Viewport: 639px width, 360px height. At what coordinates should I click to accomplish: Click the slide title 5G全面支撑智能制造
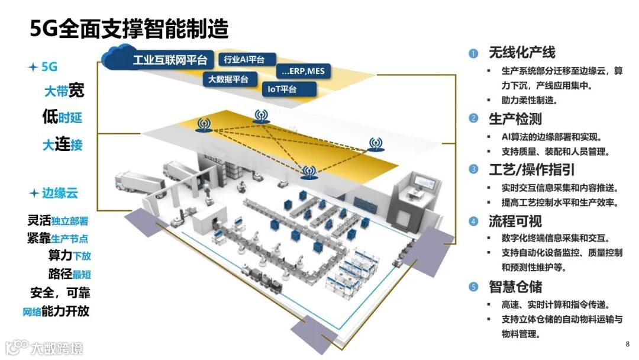(x=130, y=28)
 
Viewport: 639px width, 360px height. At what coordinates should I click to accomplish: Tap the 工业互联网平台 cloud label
(x=170, y=59)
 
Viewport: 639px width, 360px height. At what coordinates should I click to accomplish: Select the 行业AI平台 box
(x=248, y=59)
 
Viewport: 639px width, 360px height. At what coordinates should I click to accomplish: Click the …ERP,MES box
(x=304, y=72)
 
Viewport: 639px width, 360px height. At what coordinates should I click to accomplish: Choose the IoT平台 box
(x=283, y=89)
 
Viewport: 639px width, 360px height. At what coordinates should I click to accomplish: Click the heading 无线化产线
(x=522, y=53)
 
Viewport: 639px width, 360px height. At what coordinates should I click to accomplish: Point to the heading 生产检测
(x=515, y=118)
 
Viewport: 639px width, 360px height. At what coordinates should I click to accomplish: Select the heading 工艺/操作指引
(x=532, y=170)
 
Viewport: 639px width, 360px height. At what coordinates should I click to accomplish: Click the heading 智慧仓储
(x=515, y=287)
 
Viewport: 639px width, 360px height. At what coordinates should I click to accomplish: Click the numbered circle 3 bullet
(x=473, y=170)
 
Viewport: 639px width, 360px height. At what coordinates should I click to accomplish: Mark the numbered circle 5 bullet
(x=473, y=287)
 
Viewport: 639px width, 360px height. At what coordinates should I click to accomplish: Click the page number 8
(x=627, y=344)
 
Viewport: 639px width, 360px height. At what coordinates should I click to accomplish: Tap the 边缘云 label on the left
(x=59, y=194)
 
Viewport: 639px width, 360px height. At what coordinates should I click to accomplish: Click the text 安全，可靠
(x=60, y=292)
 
